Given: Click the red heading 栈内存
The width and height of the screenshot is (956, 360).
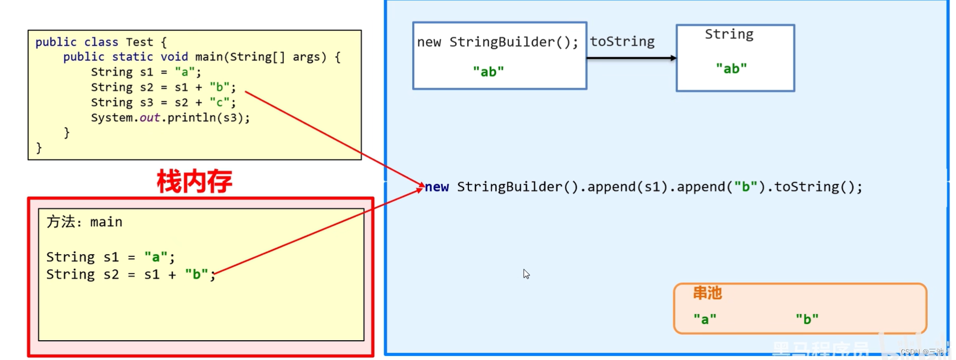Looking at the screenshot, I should (194, 181).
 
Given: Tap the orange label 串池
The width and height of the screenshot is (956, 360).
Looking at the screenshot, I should (707, 293).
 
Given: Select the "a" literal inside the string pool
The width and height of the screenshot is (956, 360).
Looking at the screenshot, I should (705, 319).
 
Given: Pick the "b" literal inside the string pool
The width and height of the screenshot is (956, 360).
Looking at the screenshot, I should (807, 319).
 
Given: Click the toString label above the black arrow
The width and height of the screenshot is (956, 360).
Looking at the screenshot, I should (622, 42).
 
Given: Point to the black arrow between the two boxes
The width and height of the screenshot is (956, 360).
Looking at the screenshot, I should (631, 58).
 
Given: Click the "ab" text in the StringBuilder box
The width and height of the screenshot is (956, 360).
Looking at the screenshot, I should (488, 72).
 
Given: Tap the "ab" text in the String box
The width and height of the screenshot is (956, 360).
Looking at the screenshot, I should (731, 68).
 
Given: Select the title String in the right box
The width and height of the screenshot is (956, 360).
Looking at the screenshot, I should (729, 34).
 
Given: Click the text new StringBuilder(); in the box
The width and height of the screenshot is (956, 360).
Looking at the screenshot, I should (497, 42).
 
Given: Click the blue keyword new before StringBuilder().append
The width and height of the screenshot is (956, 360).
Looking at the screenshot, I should (437, 187).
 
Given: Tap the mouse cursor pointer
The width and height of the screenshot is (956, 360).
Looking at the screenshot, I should (526, 273).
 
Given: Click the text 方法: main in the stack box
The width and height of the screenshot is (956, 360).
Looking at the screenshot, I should (85, 222).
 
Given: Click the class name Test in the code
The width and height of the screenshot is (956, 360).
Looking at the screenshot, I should (139, 42).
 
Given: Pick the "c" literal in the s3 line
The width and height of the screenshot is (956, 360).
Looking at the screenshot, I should (220, 103).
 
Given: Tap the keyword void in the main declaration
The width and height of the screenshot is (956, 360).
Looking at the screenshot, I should (174, 57).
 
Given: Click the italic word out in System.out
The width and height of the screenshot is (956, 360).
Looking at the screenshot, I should (150, 118).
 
